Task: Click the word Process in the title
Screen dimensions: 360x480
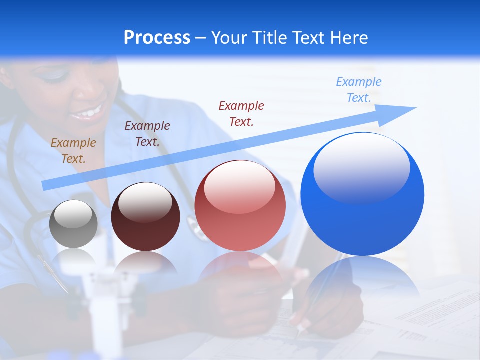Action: pos(157,38)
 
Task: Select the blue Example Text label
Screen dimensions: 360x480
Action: pos(359,90)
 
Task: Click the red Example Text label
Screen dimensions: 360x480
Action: pos(241,113)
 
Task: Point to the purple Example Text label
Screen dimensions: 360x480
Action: pos(147,133)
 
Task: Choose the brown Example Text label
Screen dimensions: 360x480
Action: pos(73,150)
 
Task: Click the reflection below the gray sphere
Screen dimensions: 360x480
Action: pos(74,257)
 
